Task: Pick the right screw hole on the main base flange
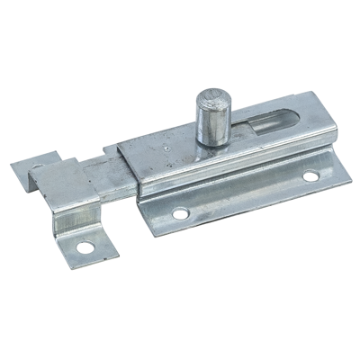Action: click(x=310, y=176)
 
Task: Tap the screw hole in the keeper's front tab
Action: click(x=87, y=244)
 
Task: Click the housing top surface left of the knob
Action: click(x=162, y=148)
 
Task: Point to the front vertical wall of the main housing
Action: click(x=225, y=175)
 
